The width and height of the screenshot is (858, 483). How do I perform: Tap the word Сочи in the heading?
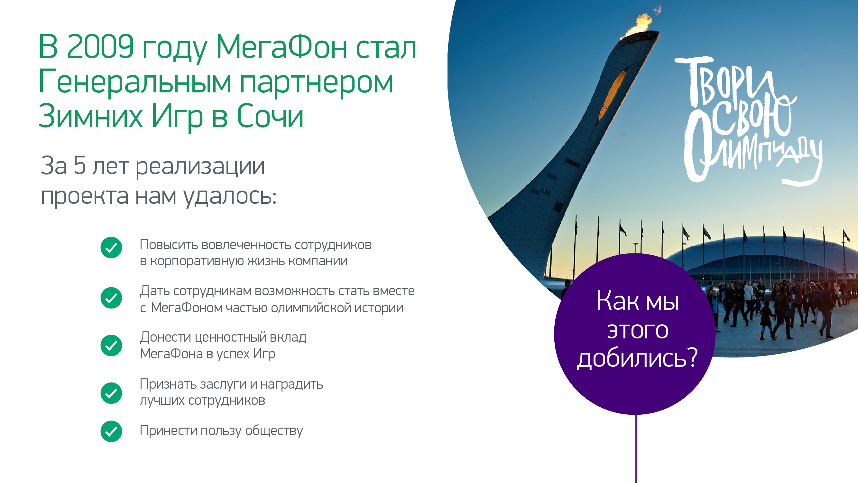[x=270, y=116]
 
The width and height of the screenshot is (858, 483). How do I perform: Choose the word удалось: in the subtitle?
[x=230, y=196]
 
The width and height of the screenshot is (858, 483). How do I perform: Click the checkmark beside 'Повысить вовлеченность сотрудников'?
[x=111, y=248]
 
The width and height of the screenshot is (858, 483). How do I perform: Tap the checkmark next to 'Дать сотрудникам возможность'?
[x=111, y=298]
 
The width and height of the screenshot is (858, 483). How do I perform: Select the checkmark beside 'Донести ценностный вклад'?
[x=111, y=345]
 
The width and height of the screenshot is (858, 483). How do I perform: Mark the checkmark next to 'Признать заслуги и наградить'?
[x=111, y=393]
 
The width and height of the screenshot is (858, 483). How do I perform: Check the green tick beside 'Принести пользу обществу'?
[x=111, y=431]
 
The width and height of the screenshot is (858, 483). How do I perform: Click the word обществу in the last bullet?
[x=274, y=431]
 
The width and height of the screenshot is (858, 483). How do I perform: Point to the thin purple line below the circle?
[x=636, y=449]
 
